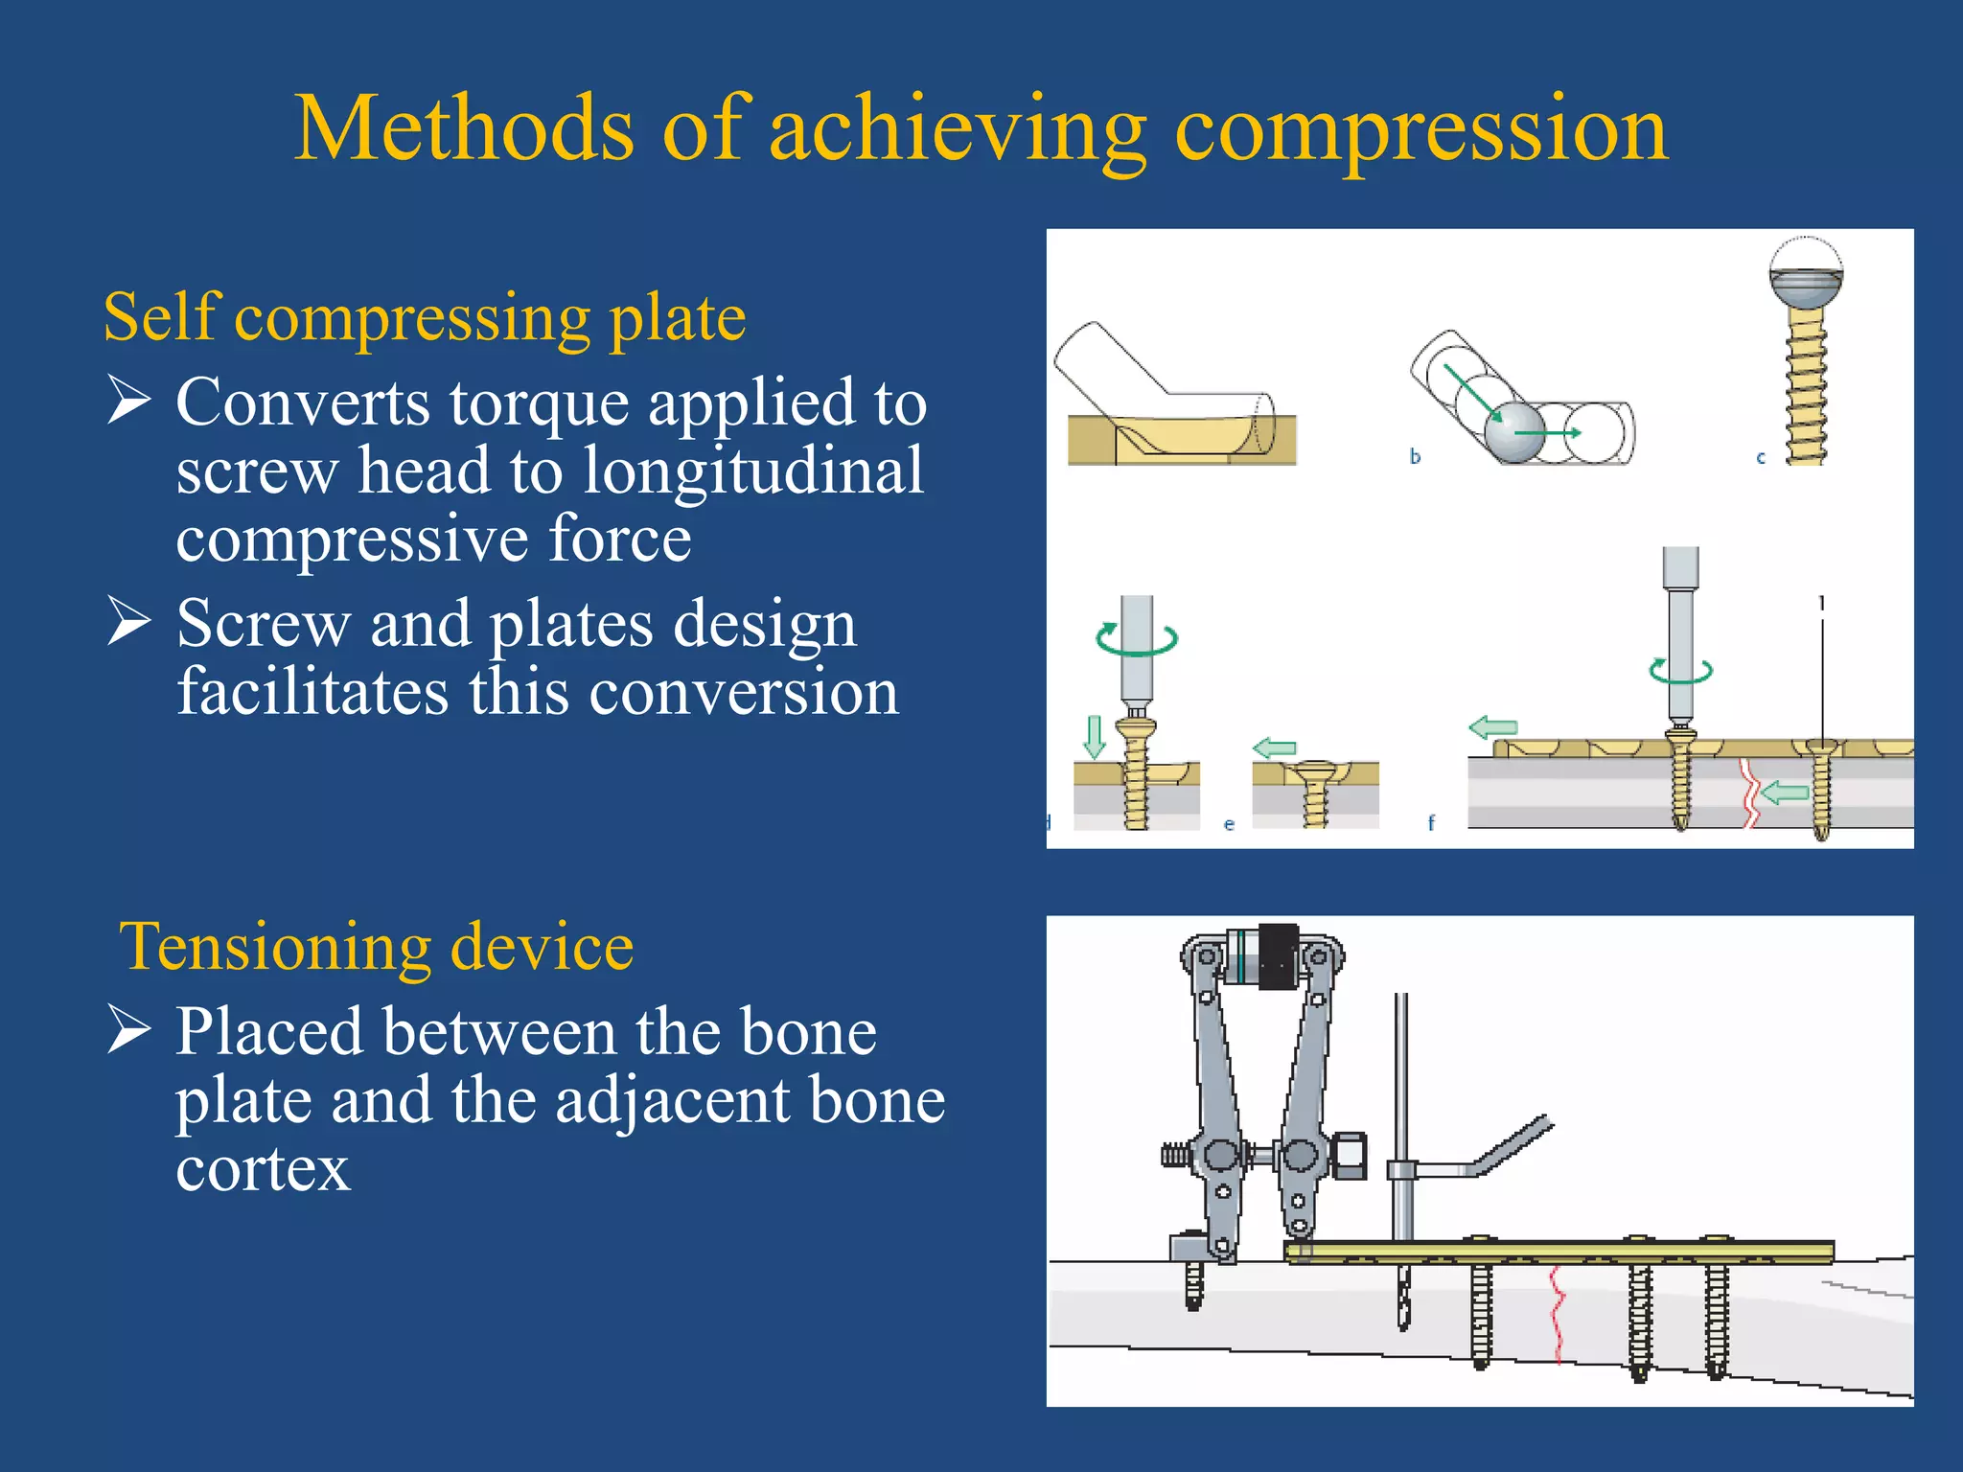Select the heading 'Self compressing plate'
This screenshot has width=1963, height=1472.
pos(425,318)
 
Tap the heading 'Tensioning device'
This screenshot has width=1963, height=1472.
pos(377,947)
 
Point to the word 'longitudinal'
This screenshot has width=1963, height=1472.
pos(753,471)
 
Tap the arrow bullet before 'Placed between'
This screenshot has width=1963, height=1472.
pos(128,1029)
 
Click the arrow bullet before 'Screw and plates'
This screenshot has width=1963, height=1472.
pos(128,620)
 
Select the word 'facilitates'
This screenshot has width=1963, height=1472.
pos(312,692)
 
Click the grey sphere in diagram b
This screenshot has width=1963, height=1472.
pos(1514,432)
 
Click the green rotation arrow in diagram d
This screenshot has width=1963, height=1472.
pos(1136,638)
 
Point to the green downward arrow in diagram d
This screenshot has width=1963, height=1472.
pos(1094,735)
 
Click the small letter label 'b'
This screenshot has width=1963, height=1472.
pos(1415,457)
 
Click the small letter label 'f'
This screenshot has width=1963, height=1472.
pos(1431,822)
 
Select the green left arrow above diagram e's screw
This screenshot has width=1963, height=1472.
pos(1275,748)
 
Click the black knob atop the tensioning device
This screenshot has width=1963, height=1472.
pos(1277,955)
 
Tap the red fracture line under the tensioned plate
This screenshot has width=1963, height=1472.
pos(1557,1313)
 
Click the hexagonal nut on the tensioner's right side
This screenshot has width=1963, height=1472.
pos(1350,1156)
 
